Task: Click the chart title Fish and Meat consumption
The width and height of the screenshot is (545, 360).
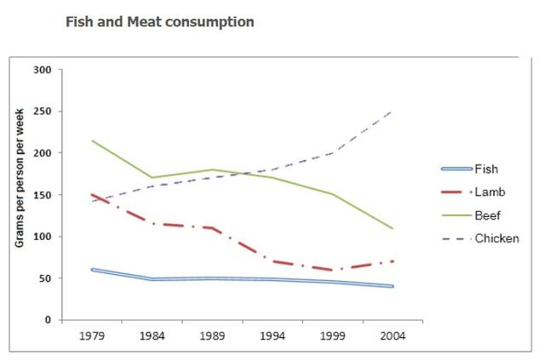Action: [159, 22]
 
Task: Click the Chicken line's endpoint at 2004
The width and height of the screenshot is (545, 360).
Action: [393, 111]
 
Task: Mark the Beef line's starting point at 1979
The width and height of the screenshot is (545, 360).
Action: [92, 140]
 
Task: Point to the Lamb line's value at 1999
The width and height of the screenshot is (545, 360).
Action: [332, 270]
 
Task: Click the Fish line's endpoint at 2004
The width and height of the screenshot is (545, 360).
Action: [393, 287]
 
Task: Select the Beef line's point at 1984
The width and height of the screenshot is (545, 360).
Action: [152, 178]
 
